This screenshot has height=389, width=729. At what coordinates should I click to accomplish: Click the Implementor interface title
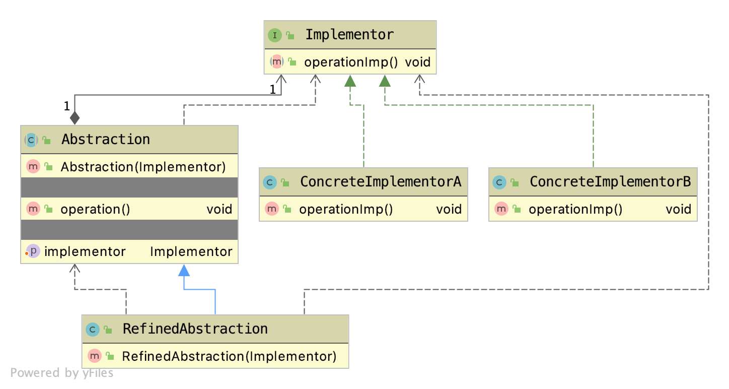click(349, 35)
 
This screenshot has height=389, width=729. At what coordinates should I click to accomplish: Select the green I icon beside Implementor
click(274, 35)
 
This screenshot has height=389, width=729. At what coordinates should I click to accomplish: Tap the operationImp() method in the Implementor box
click(351, 62)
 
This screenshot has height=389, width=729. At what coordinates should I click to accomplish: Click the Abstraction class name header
click(105, 140)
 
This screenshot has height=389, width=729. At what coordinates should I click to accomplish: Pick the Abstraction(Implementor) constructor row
click(143, 167)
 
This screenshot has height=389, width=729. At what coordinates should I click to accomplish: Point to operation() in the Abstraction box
click(95, 209)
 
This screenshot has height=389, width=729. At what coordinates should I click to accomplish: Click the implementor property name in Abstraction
click(85, 251)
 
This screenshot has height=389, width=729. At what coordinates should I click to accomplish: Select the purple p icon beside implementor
click(33, 251)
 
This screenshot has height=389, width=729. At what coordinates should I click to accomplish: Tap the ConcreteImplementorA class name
click(380, 182)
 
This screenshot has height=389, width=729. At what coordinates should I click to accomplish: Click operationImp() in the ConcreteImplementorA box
click(346, 209)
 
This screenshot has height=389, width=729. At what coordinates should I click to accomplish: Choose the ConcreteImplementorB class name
click(610, 182)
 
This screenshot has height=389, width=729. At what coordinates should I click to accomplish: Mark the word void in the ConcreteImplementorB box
click(678, 209)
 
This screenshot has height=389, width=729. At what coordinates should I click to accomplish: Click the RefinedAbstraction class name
click(195, 329)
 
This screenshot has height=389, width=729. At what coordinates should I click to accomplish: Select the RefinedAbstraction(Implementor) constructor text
click(229, 356)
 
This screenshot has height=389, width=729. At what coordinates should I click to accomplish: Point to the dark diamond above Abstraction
click(75, 118)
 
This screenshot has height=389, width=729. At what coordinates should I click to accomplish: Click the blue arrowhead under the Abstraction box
click(184, 271)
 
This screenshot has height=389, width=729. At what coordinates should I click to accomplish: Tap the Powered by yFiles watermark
click(61, 373)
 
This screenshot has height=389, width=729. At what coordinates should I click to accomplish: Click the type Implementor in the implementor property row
click(191, 251)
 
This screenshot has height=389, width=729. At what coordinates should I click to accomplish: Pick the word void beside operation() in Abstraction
click(219, 209)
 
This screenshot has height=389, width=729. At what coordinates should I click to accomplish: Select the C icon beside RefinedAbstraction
click(93, 330)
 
